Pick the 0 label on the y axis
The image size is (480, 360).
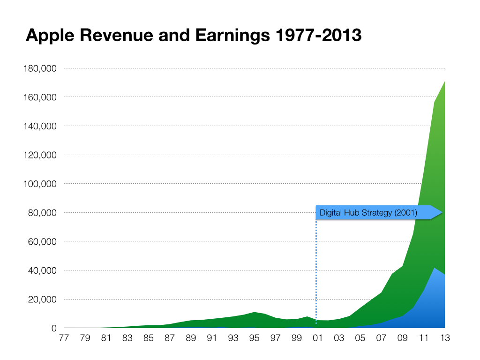click(54, 328)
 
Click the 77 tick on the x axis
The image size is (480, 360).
click(64, 337)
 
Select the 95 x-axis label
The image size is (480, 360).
click(255, 337)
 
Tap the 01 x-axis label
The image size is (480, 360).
click(318, 337)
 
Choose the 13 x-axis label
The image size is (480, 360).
click(444, 337)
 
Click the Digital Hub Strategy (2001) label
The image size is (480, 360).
click(368, 213)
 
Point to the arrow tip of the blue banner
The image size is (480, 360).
click(442, 213)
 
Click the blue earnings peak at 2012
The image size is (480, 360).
click(435, 269)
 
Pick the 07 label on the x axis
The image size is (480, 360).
click(381, 337)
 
